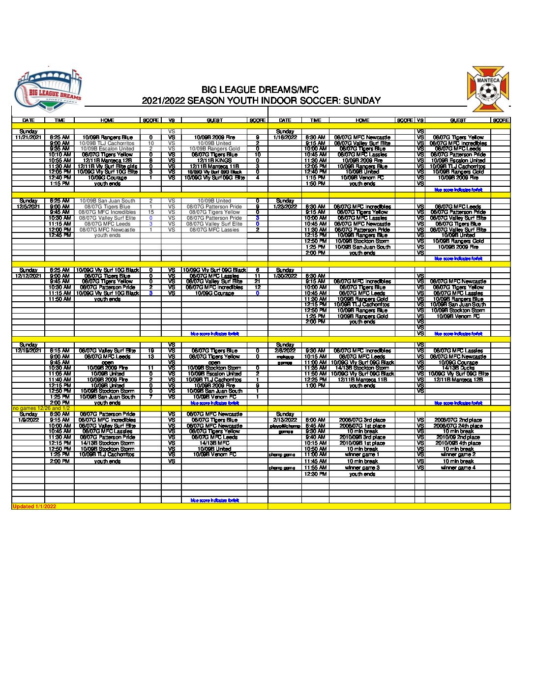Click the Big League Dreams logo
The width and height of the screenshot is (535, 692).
coord(48,90)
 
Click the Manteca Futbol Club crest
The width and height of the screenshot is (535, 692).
coord(488,89)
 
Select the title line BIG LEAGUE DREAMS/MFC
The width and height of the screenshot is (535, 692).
coord(260,90)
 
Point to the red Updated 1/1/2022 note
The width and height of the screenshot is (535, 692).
coord(34,506)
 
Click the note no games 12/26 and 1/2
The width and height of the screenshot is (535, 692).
coord(41,408)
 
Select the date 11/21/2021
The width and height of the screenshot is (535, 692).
coord(28,138)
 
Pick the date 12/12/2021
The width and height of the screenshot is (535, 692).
coord(28,276)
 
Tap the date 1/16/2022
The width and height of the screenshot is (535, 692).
coord(285,138)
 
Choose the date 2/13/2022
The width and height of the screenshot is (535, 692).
coord(285,420)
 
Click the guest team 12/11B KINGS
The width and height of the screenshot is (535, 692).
coord(214,161)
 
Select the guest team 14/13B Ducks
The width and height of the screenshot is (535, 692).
coord(458,368)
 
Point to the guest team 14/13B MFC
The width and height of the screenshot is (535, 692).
coord(214,443)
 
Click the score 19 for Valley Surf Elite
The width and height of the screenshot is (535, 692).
coord(151,351)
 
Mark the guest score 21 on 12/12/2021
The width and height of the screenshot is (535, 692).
coord(257,282)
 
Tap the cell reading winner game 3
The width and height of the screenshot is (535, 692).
coord(362,468)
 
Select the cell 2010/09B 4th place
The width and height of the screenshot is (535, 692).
coord(458,443)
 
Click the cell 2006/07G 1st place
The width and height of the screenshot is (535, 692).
coord(362,426)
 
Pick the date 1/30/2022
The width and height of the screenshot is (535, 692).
coord(285,276)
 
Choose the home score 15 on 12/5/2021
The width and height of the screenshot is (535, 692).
coord(151,212)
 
